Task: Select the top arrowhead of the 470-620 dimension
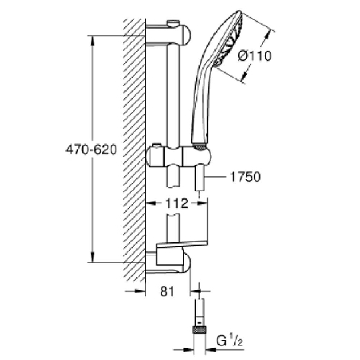(x=94, y=38)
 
